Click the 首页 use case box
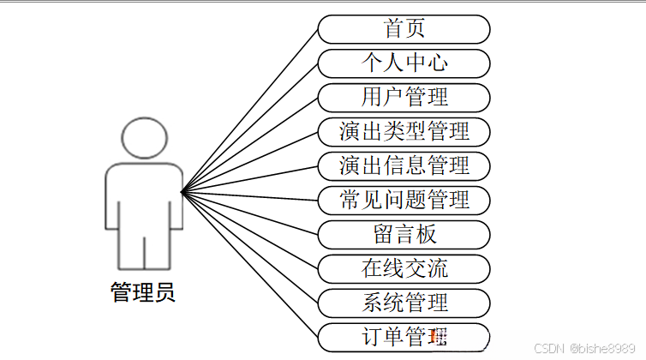(404, 29)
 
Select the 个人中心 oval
(404, 63)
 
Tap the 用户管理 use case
(404, 97)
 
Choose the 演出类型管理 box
(404, 131)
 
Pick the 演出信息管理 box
(404, 165)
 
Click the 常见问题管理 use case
(404, 200)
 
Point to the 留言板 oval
(404, 234)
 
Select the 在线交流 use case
(404, 268)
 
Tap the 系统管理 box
(404, 302)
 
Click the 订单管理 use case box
(404, 336)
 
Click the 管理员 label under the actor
(143, 292)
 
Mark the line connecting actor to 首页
(250, 109)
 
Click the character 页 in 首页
(416, 29)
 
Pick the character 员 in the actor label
(165, 292)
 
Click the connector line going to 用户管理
(250, 143)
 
